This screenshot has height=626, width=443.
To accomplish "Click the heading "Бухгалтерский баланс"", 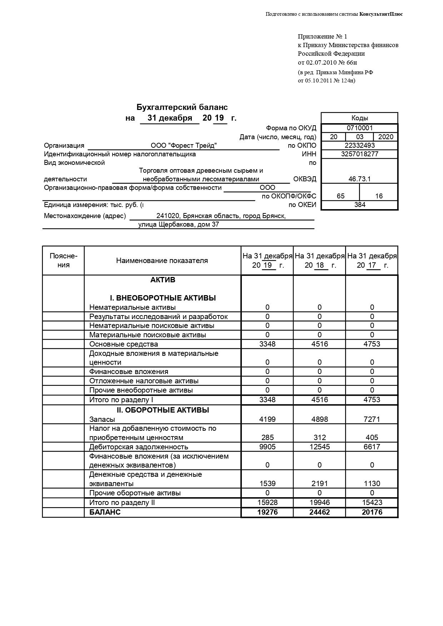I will coord(182,107).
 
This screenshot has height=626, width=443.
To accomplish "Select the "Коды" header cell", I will coord(359,118).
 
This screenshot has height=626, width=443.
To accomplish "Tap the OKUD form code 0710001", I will coord(359,128).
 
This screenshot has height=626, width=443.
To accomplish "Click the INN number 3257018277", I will coord(359,154).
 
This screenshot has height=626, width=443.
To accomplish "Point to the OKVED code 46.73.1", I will coord(359,179).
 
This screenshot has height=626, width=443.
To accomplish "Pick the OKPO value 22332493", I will coord(359,145).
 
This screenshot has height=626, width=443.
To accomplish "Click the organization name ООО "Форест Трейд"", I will coord(184,146).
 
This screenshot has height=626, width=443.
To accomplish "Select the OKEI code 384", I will coord(359,205).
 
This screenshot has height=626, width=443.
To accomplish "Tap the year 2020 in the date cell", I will coord(385,137).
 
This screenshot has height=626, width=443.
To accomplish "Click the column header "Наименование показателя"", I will coord(162,261).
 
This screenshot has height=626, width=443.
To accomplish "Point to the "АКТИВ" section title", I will coord(163,280).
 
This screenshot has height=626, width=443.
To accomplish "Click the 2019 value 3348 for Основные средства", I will coord(267,344).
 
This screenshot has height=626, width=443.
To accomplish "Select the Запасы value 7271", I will coord(372,419).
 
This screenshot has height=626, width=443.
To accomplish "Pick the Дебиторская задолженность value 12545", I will coord(319,447).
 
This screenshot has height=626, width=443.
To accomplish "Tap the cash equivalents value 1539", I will coord(267,484).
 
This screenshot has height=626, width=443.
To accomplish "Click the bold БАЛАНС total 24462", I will coord(319,512).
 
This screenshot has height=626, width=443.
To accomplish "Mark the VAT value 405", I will coord(372,438).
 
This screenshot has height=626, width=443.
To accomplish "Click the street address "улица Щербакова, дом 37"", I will coord(179,224).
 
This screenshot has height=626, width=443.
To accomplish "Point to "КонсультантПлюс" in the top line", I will coord(381,14).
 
